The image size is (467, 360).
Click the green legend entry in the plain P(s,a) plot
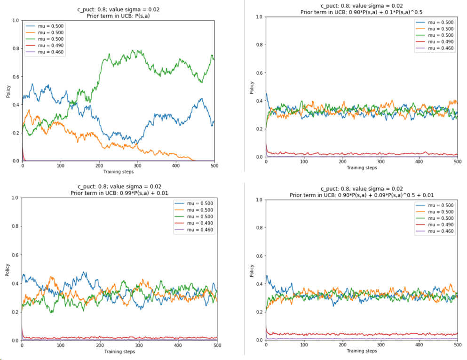[45, 39]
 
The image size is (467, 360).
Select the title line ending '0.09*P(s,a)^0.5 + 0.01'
[362, 195]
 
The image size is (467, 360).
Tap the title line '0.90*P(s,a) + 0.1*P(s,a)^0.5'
[362, 12]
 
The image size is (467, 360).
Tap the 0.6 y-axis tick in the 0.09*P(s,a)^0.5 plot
[259, 256]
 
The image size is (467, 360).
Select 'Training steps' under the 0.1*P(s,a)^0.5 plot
[362, 168]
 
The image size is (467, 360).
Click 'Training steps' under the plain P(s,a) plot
[119, 171]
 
